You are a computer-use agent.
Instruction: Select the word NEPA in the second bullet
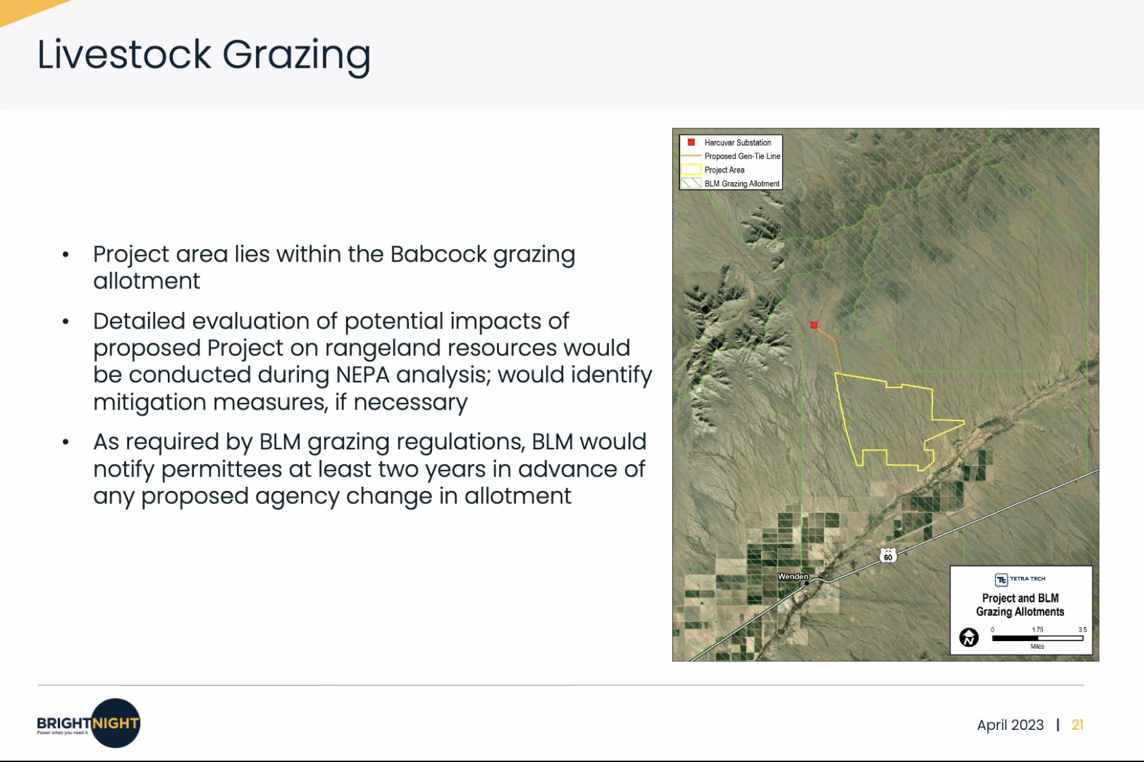362,375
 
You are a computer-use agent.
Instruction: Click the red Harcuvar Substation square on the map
814,325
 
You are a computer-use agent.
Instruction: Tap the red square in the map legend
691,142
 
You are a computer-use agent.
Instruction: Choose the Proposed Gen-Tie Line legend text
742,156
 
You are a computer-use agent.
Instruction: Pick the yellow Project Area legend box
691,169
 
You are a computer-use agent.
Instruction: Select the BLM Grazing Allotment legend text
742,184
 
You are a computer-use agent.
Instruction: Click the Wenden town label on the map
792,576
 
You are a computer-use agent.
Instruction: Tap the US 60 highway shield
888,555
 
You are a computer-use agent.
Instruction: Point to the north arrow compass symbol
969,637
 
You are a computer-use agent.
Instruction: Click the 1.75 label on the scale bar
1038,630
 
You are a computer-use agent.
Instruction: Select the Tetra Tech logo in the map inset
1020,579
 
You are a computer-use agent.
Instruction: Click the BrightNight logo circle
115,722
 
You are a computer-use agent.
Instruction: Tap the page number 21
1077,724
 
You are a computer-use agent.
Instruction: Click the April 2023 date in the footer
1010,725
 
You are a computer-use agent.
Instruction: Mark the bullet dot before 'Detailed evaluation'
66,322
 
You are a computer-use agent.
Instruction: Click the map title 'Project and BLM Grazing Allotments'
1020,605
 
